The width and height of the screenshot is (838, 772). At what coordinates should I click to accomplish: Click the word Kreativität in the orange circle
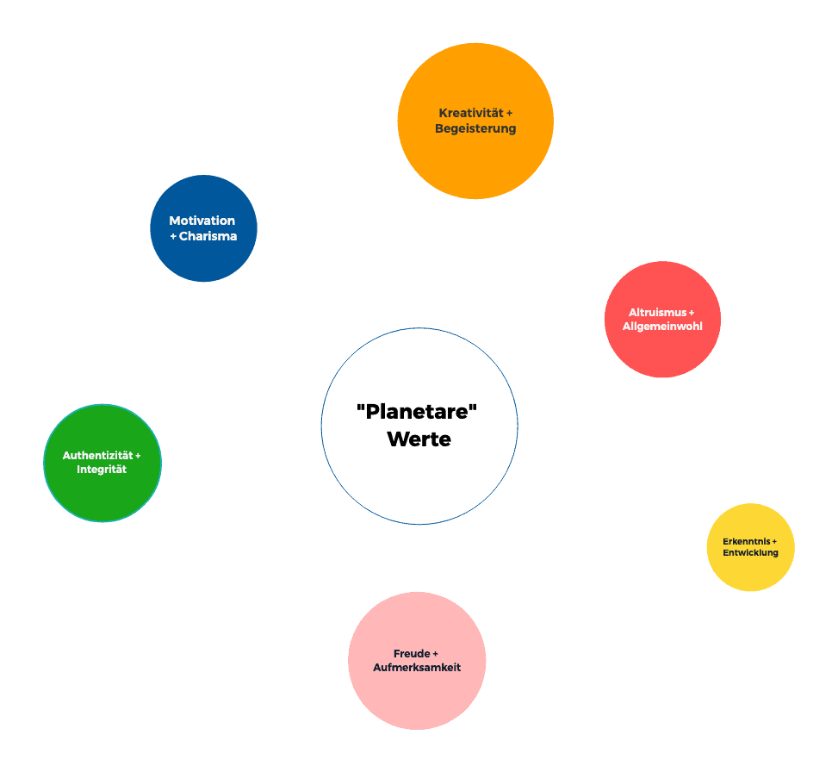tap(470, 113)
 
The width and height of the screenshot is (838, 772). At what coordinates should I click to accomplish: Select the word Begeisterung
tap(475, 128)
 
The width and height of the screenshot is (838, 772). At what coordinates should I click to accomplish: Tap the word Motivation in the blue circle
tap(202, 221)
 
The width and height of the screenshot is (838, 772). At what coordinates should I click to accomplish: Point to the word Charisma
tap(208, 236)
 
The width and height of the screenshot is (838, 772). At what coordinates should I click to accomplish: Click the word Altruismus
tap(657, 312)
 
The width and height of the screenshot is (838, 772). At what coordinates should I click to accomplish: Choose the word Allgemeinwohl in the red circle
tap(662, 327)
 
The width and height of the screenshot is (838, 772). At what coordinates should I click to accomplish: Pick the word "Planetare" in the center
tap(418, 412)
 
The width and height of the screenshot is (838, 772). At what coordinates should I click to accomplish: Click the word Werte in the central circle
tap(419, 439)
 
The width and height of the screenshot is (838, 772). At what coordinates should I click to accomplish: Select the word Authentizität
tap(98, 455)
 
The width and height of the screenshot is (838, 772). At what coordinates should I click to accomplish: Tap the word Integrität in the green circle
tap(102, 470)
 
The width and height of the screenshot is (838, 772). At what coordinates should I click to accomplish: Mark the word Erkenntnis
tap(746, 541)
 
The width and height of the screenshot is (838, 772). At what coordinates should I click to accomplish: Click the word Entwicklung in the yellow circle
tap(750, 552)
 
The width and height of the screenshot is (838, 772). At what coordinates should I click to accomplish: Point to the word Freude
tap(412, 653)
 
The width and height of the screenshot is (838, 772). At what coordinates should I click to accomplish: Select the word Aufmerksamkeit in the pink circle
tap(417, 667)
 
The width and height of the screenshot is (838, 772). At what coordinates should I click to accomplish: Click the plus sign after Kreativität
tap(509, 113)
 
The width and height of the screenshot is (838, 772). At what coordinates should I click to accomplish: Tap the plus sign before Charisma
tap(173, 236)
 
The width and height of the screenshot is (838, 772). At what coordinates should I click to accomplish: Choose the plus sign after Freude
tap(435, 653)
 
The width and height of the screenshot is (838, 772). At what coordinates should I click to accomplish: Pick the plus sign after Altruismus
tap(692, 312)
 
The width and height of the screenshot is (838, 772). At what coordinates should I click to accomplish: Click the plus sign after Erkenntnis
tap(774, 541)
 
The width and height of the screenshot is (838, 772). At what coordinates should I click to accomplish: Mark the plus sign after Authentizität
tap(138, 455)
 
